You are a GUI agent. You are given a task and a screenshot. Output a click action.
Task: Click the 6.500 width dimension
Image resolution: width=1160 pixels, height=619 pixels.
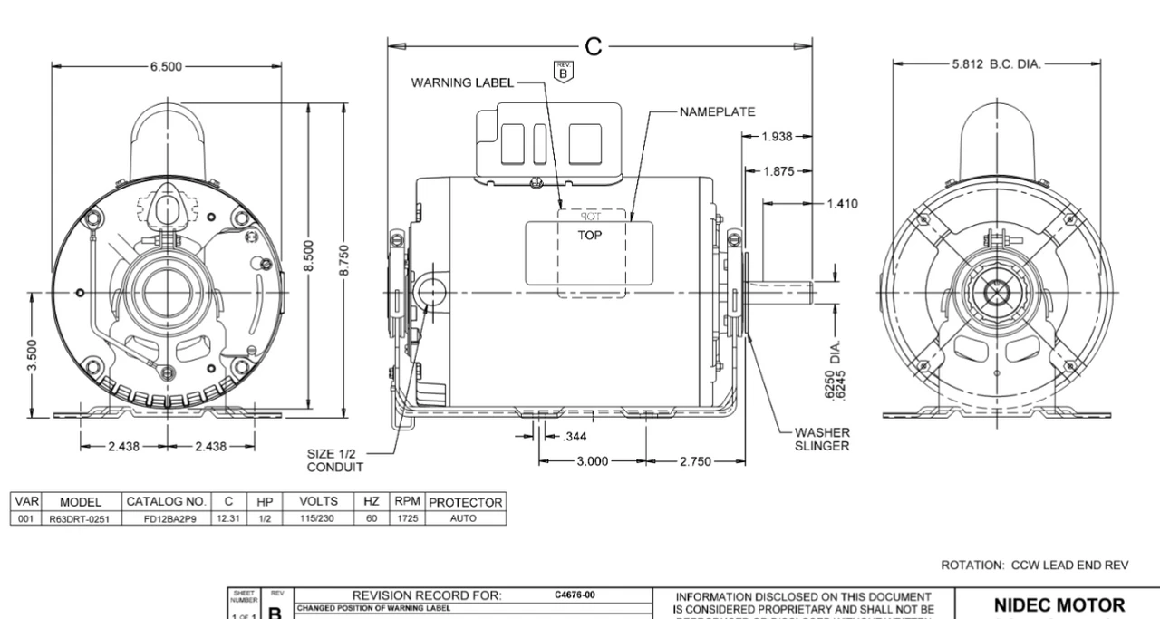168,66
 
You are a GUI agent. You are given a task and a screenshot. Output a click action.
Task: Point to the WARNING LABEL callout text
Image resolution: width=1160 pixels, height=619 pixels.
462,82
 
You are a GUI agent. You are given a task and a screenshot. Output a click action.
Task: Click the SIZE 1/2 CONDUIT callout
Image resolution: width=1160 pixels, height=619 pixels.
335,460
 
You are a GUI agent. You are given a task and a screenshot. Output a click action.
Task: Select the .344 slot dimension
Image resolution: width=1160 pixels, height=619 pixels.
575,437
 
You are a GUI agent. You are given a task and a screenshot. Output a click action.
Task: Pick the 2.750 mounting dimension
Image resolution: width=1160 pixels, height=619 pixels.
697,461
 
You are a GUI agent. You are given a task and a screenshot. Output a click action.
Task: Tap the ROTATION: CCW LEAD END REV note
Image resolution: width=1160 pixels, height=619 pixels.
1035,565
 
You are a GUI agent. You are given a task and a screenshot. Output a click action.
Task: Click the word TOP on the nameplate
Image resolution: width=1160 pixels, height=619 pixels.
590,232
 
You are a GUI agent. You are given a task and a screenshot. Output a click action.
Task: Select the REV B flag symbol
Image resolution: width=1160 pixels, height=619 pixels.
564,73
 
